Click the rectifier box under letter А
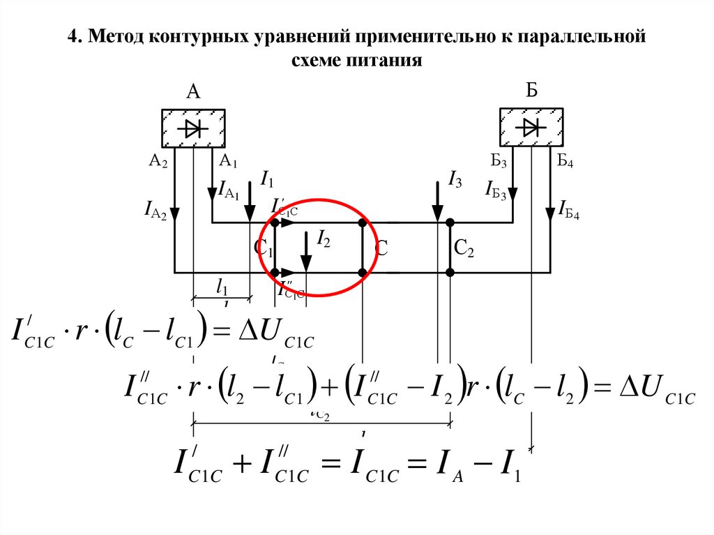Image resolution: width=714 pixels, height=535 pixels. pos(193,128)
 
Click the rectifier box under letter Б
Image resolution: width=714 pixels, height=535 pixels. pos(531,127)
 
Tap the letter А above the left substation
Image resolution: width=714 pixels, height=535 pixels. pos(193,92)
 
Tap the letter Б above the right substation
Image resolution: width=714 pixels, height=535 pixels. pos(531,91)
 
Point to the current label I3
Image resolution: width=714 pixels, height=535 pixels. pos(455,182)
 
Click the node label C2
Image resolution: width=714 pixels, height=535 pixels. pos(464,248)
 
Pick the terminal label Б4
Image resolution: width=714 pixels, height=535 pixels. pos(565,162)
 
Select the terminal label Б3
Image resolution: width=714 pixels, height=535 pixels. pos(498,163)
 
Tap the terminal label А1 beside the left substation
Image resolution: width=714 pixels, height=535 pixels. pos(229,162)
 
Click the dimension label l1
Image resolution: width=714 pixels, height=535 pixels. pos(222,286)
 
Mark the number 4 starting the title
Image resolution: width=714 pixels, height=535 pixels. pos(71,36)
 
